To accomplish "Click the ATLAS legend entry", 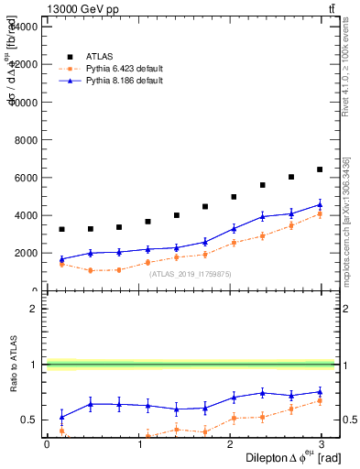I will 101,56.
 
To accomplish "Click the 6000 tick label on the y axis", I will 23,178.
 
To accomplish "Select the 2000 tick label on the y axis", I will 23,254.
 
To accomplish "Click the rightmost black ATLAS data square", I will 320,169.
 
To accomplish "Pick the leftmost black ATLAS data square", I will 61,229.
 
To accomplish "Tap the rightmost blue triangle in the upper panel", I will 320,204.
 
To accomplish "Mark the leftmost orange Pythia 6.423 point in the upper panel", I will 61,264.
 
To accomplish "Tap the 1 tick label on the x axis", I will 140,443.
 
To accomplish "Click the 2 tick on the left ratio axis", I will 33,309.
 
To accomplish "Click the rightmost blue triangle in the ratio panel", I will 320,391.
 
